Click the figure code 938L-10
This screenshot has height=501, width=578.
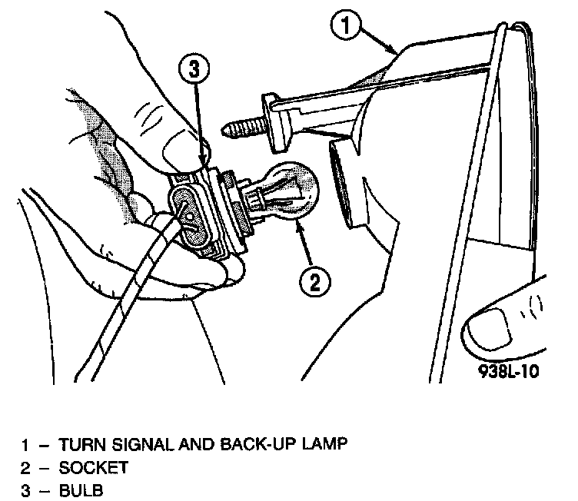pos(505,373)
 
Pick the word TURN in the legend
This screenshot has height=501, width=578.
pos(78,444)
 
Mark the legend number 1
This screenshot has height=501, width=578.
pos(25,445)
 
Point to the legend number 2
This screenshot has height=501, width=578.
pos(25,467)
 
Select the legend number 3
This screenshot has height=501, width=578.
pos(25,489)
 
